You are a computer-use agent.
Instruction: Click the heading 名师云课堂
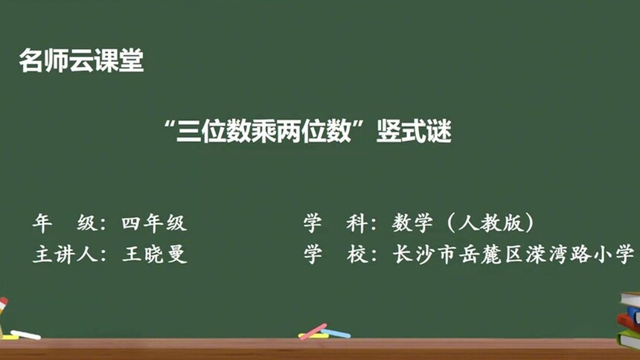[81, 61]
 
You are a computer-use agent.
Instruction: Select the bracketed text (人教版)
[491, 222]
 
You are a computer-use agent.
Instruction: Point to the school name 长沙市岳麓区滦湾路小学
[513, 254]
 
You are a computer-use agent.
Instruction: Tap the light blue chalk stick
[336, 333]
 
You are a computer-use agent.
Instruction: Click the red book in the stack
[629, 321]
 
